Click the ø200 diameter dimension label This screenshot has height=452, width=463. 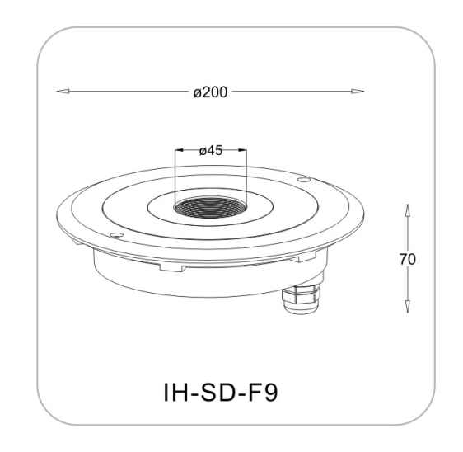pyautogui.click(x=210, y=92)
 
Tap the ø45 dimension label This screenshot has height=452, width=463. pyautogui.click(x=211, y=151)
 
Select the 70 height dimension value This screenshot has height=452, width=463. pyautogui.click(x=408, y=260)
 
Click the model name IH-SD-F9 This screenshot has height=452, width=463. pyautogui.click(x=220, y=392)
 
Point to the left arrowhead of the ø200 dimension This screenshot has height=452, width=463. pyautogui.click(x=63, y=92)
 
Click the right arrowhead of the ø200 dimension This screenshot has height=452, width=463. pyautogui.click(x=358, y=92)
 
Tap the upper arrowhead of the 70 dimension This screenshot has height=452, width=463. pyautogui.click(x=408, y=210)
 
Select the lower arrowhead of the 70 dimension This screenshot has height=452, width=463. pyautogui.click(x=408, y=306)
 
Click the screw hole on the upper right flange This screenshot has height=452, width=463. pyautogui.click(x=303, y=180)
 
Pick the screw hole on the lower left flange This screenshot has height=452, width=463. pyautogui.click(x=116, y=235)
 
